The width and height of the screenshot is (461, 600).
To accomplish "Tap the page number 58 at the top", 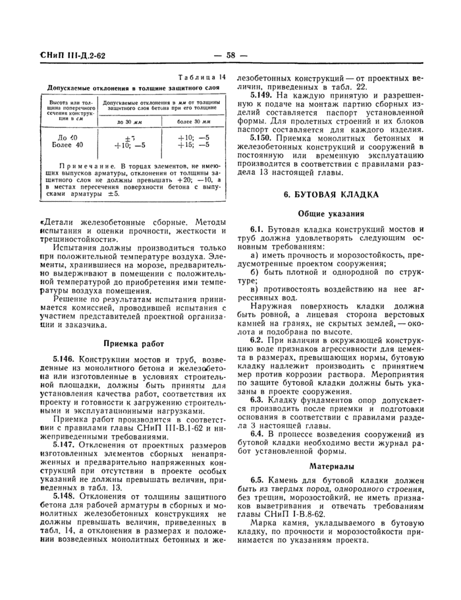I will [230, 55].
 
